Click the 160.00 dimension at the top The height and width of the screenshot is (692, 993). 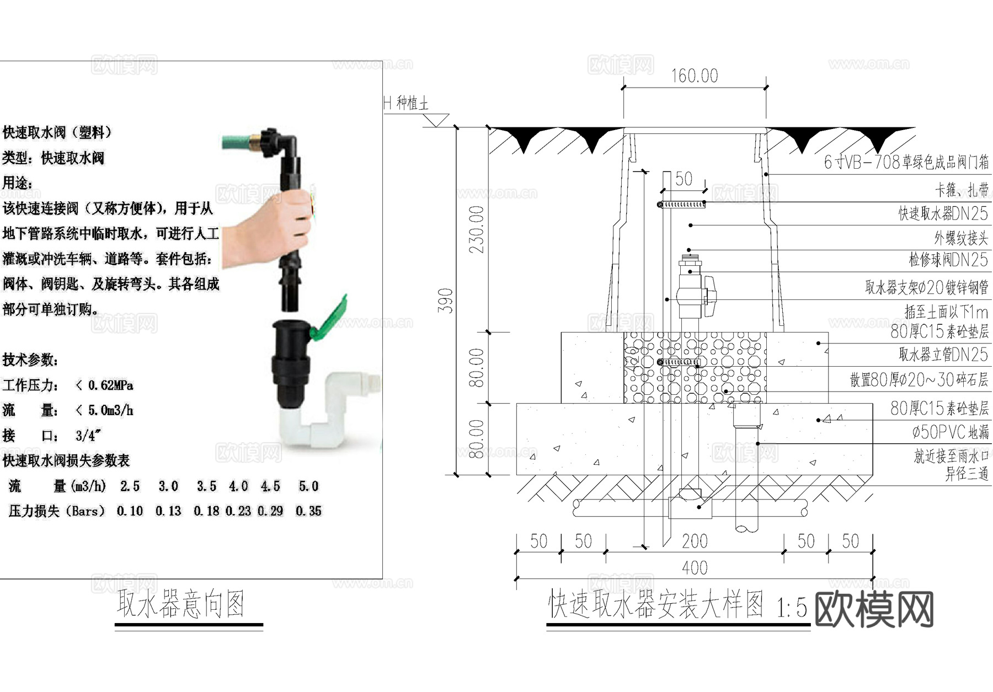694,76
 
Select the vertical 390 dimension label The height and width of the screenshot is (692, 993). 445,301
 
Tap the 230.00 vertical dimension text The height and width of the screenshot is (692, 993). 476,229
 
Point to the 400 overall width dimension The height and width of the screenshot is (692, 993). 694,568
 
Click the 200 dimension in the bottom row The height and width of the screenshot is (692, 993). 694,541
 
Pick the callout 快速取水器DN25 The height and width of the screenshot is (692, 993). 943,213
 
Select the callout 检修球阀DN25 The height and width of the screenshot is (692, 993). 948,259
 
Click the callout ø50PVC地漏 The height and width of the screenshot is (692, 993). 950,432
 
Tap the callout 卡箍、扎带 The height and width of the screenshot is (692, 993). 961,190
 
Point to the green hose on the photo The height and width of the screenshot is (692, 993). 238,142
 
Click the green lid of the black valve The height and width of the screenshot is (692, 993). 331,320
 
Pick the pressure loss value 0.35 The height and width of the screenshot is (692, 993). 308,511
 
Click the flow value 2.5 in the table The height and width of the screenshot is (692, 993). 130,486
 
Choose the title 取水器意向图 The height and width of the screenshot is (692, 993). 181,604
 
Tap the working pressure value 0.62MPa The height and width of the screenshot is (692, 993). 110,385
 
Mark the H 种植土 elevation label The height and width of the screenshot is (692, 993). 406,103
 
